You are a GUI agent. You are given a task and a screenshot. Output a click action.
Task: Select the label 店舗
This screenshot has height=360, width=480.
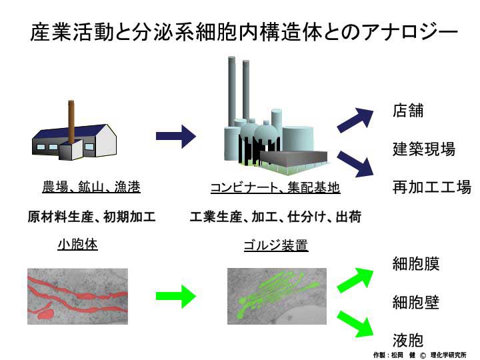click(408, 111)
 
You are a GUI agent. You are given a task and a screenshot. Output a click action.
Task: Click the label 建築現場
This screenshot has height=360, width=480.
click(423, 149)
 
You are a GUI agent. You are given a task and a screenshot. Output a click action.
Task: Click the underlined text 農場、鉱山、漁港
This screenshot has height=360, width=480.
click(91, 187)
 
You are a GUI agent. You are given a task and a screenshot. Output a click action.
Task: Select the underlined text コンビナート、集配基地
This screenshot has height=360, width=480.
click(275, 188)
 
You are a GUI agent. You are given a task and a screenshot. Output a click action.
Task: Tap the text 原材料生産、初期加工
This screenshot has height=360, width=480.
click(91, 217)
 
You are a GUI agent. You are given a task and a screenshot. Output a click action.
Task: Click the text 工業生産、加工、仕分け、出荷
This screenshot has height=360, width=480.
click(275, 217)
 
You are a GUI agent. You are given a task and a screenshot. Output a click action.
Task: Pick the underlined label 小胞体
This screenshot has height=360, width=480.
click(77, 244)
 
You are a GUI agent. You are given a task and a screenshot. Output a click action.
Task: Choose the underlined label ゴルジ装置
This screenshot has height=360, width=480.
click(275, 245)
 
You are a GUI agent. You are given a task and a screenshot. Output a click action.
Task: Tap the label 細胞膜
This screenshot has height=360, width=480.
click(415, 264)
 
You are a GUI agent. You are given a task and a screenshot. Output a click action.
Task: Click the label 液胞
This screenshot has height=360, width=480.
click(408, 341)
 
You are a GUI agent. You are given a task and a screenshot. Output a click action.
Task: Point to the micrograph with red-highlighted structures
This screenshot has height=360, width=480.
click(77, 296)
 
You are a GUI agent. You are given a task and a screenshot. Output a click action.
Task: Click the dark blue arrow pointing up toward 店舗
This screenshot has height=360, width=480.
click(356, 120)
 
